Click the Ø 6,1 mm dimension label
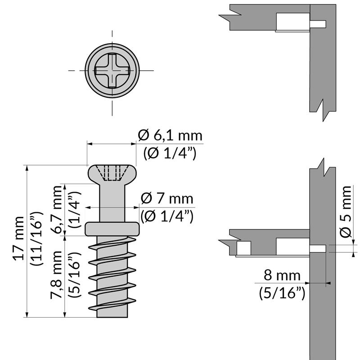170,135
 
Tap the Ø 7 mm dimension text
167,198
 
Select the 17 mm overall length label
19,238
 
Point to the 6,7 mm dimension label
57,209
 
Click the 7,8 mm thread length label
57,275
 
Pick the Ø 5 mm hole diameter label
346,211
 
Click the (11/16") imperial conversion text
37,239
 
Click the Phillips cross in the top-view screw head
112,71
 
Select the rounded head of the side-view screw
112,174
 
